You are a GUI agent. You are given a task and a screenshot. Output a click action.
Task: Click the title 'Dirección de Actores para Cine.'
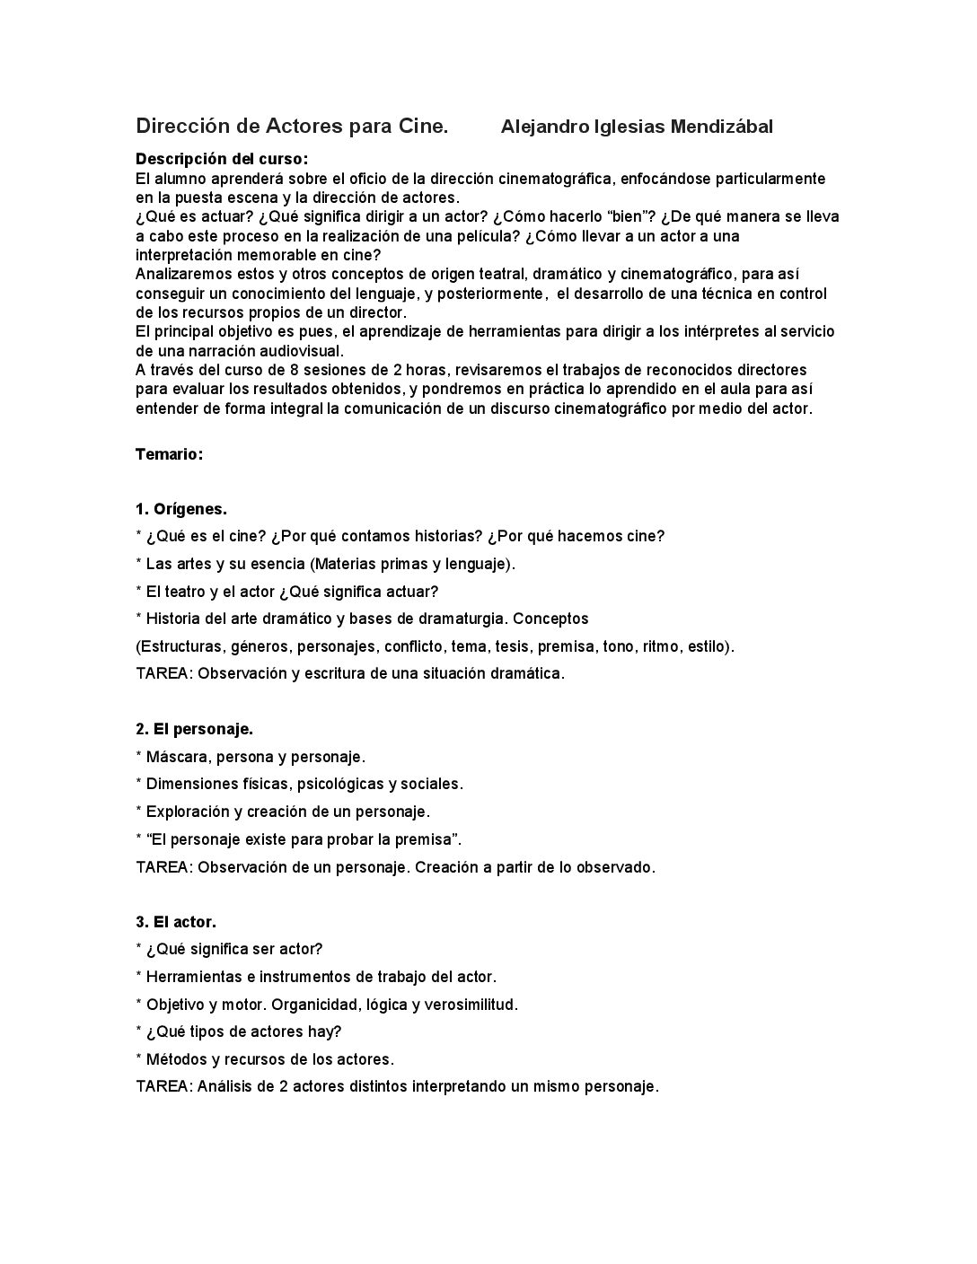[292, 127]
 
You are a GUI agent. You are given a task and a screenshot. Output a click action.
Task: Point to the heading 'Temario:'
[170, 454]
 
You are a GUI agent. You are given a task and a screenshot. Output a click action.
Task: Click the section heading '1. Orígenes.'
[181, 509]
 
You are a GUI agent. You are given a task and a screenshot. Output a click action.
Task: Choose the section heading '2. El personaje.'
[194, 729]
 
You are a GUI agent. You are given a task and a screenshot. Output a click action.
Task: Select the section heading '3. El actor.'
[176, 922]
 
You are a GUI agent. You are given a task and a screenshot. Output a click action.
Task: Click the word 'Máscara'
[178, 757]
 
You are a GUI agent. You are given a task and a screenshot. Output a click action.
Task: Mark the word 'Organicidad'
[312, 1005]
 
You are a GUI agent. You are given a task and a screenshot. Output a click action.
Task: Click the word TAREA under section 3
[163, 1086]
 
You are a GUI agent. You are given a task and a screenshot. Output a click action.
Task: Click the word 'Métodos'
[176, 1059]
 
